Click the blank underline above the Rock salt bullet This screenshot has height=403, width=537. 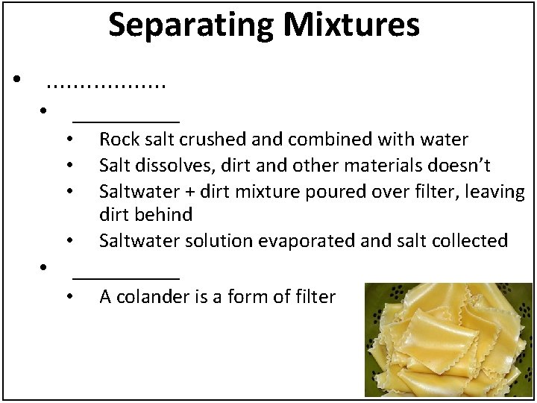pyautogui.click(x=126, y=119)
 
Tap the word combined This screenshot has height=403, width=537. pyautogui.click(x=307, y=139)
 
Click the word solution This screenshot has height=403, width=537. pyautogui.click(x=203, y=241)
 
